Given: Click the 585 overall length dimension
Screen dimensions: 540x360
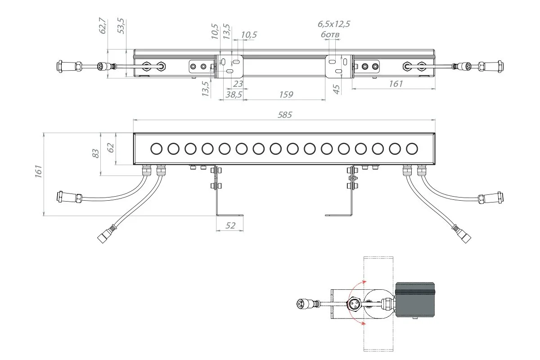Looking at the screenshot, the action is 285,115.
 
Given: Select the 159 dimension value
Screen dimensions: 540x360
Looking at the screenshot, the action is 286,94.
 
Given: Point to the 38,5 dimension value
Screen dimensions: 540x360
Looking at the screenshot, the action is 234,94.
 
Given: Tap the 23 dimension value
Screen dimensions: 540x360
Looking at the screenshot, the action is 238,84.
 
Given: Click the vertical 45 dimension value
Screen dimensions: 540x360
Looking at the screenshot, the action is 336,89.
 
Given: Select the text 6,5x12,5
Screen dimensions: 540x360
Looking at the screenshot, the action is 334,24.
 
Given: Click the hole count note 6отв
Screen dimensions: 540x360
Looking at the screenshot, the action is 330,35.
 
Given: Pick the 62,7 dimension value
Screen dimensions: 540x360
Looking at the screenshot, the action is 103,26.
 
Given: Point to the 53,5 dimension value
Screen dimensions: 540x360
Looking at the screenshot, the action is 121,26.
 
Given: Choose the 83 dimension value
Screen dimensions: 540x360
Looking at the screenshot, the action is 96,153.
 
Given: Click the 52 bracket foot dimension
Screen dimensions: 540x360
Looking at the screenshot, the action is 230,225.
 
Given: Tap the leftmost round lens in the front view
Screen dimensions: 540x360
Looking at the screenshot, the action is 157,149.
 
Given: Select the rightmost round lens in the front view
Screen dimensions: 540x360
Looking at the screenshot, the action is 412,149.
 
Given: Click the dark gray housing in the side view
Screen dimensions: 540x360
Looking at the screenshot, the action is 415,300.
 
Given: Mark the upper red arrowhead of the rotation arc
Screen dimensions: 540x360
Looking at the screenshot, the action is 364,282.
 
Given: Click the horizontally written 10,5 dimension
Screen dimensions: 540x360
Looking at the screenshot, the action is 249,35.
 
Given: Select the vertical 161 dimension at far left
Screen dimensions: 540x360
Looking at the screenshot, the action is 39,171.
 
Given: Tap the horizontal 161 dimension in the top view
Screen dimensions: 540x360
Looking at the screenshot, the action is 396,84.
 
